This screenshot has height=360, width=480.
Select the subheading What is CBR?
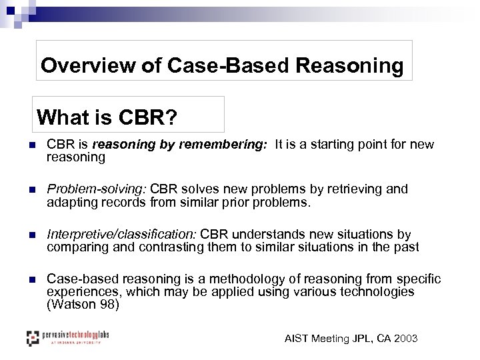[x=107, y=117]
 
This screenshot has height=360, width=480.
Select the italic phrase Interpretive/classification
[x=121, y=235]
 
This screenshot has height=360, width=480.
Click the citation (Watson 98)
[x=83, y=305]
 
